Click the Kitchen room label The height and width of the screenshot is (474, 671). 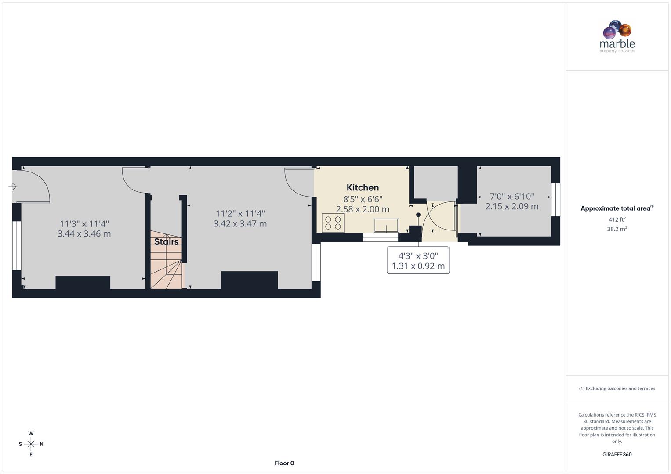point(363,187)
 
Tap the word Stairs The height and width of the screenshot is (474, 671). point(166,241)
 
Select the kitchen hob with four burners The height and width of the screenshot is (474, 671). point(333,223)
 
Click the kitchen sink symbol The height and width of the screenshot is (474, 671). point(386,225)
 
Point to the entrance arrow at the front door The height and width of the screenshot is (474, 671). point(12,187)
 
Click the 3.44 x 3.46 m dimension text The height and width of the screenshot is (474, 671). point(84,234)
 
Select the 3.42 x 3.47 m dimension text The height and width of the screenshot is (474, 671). point(240,224)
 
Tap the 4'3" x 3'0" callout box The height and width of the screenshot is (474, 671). point(418,261)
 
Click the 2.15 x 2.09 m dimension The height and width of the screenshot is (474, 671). point(511,206)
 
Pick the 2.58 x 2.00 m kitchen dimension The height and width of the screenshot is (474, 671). point(363,209)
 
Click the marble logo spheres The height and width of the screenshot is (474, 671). point(617,29)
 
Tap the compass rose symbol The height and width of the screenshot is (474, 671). point(31,444)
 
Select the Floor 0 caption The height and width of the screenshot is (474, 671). point(284,463)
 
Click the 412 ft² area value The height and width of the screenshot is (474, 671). point(617,219)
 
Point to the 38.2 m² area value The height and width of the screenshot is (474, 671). point(617,229)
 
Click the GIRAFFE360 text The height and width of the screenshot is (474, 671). point(617,455)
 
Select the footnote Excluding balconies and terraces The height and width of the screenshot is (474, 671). point(617,388)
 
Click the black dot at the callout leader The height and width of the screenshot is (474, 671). point(418,215)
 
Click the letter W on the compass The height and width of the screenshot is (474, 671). point(31,434)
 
